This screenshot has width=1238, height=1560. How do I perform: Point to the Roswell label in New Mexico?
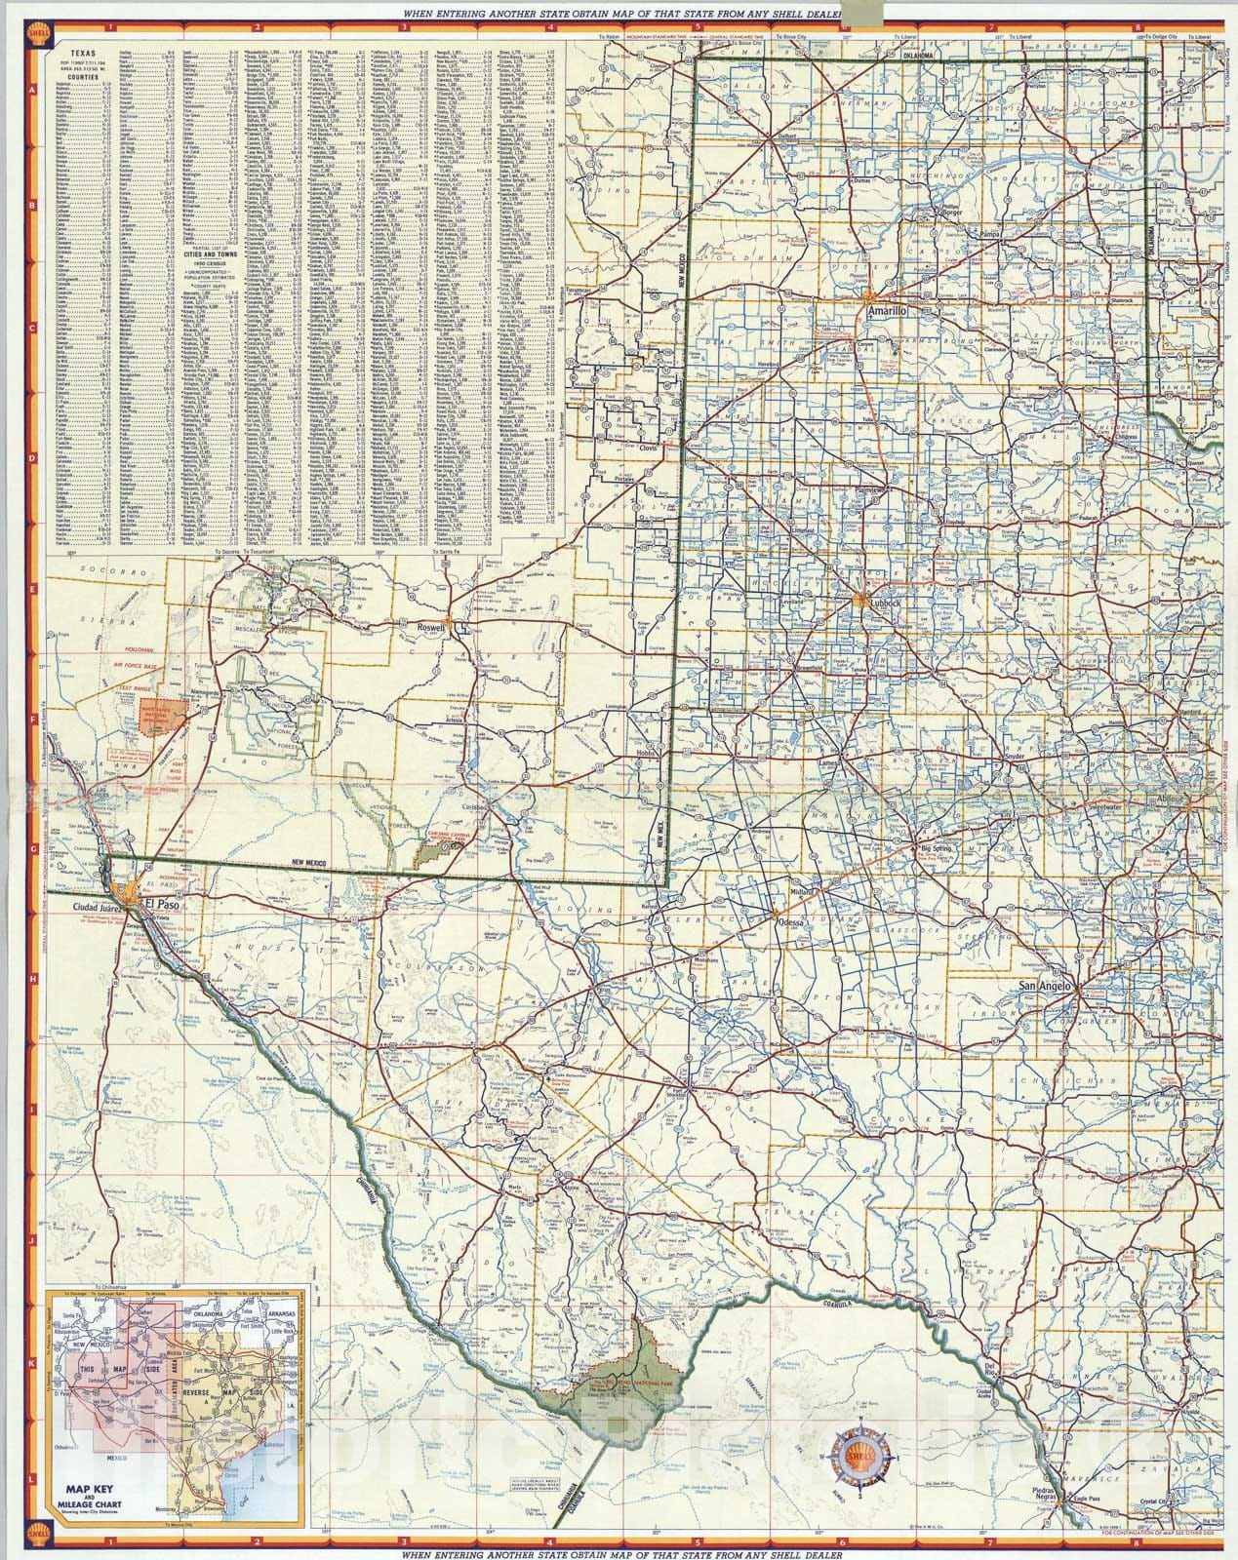(429, 628)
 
